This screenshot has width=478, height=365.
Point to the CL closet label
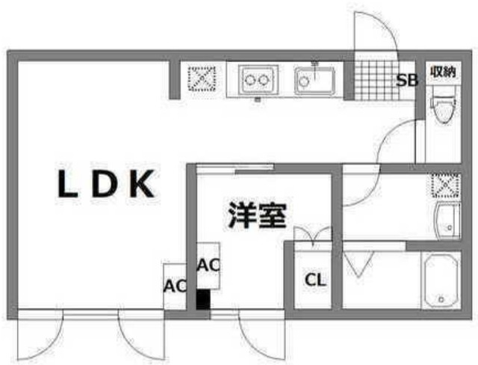(x=316, y=281)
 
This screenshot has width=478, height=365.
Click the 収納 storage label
(x=442, y=72)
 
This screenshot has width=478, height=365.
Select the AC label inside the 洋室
(x=208, y=264)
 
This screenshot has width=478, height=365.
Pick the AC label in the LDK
(x=174, y=286)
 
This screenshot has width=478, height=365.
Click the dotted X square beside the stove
(x=202, y=78)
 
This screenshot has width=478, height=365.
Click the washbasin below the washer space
(x=447, y=220)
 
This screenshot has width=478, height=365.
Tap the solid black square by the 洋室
(x=202, y=300)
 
